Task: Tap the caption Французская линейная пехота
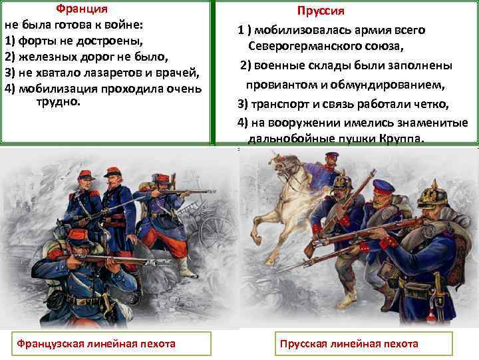click(96, 343)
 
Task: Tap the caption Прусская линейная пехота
click(349, 343)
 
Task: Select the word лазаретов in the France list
click(113, 72)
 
